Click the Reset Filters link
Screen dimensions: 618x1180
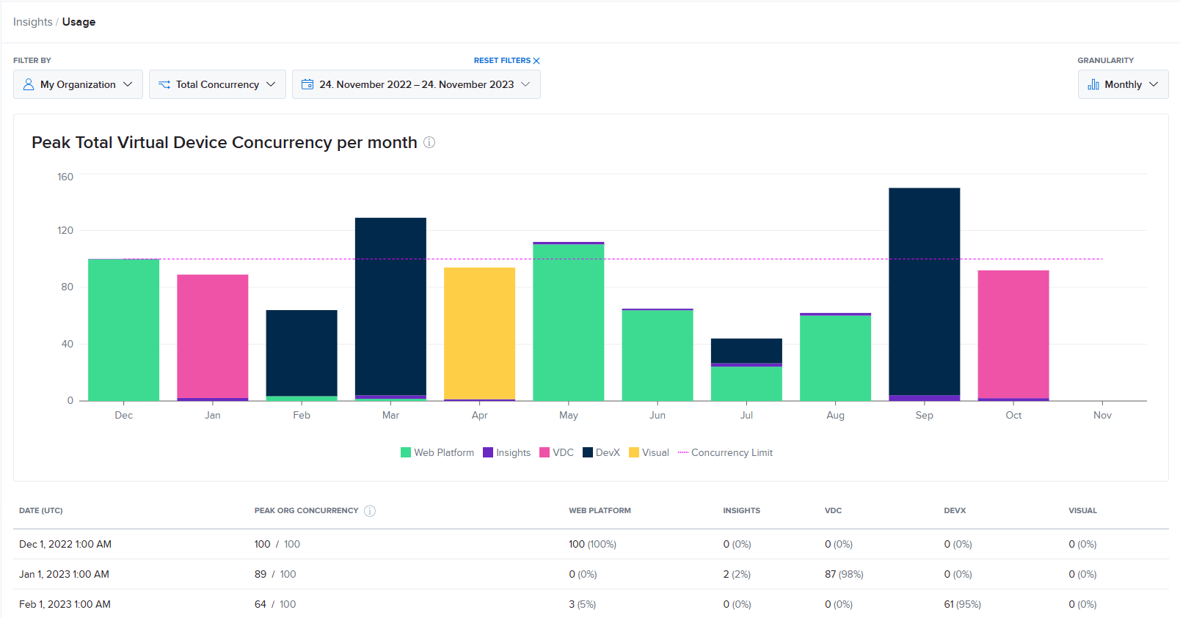(x=506, y=61)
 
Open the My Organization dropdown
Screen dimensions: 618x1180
(x=78, y=84)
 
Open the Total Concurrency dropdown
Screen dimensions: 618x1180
(x=217, y=84)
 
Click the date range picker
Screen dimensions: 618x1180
(x=416, y=84)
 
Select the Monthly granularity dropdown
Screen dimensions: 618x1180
(x=1123, y=84)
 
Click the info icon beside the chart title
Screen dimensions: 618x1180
(x=429, y=142)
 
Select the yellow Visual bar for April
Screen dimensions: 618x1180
(x=479, y=334)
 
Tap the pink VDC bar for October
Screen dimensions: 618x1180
(x=1013, y=334)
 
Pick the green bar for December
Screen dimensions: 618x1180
(x=123, y=330)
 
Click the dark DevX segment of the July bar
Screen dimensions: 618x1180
(x=746, y=350)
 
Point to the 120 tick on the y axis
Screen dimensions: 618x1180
(x=65, y=230)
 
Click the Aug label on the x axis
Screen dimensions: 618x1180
(x=835, y=415)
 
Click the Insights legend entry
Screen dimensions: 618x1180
(x=506, y=452)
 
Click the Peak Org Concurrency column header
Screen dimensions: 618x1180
(x=306, y=510)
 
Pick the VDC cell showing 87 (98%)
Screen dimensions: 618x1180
(x=844, y=574)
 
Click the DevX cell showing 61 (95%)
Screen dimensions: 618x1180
(x=962, y=604)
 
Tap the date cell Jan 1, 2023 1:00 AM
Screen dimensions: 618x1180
(x=64, y=574)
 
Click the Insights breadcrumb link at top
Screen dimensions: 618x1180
(x=32, y=22)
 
